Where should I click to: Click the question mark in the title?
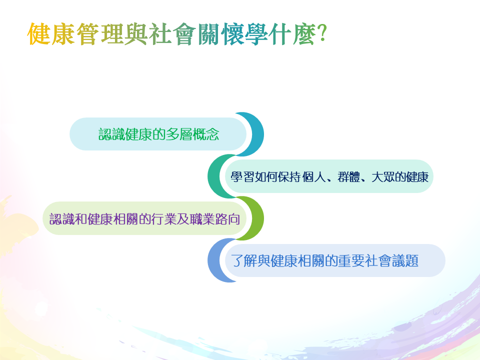coord(322,34)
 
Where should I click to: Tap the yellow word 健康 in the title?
coord(51,34)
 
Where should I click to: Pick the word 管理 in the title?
coord(100,34)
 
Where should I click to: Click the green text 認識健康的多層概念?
coord(159,134)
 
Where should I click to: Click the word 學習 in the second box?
coord(242,177)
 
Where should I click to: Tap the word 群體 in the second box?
coord(348,177)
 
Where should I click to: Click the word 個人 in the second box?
coord(314,177)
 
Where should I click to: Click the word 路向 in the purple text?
coord(227,219)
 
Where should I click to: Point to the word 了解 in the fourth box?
coord(244,261)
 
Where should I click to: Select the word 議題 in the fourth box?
coord(405,261)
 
